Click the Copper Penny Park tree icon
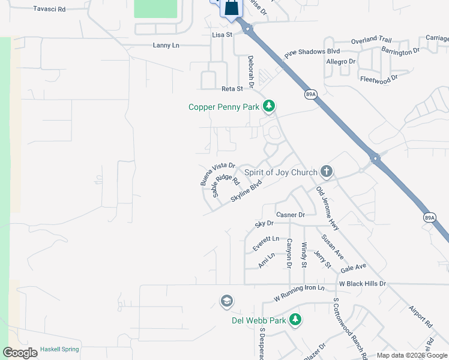point(270,107)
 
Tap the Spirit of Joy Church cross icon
point(326,172)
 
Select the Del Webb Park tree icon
point(295,320)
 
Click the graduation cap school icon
point(226,300)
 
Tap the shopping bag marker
point(231,8)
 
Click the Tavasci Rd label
point(49,9)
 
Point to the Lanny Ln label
point(166,45)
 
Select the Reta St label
point(232,88)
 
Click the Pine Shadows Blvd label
point(312,52)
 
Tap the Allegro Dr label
point(341,62)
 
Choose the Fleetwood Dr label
point(379,79)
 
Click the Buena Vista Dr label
point(217,173)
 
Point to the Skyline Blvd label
point(246,195)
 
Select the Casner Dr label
point(291,215)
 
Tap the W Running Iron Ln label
point(298,292)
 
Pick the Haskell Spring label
point(59,349)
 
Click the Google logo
point(20,353)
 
